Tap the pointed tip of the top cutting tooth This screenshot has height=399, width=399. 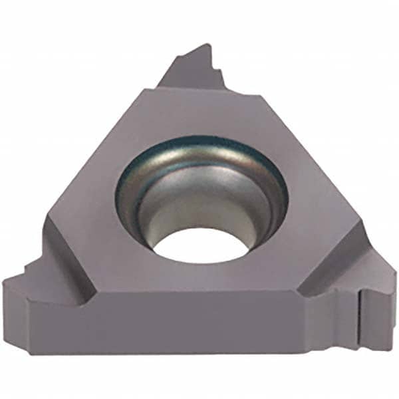pyautogui.click(x=207, y=45)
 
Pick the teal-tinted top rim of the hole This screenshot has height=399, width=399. pyautogui.click(x=199, y=143)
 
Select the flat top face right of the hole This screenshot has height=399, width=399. pyautogui.click(x=313, y=199)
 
